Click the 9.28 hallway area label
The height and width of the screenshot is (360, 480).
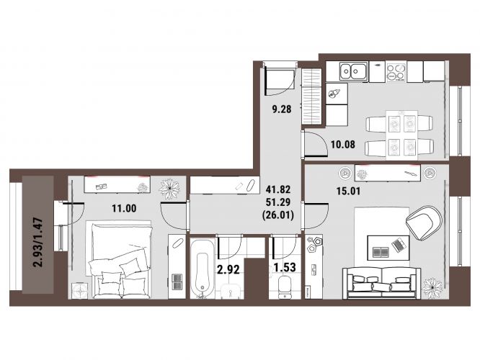pos(282,109)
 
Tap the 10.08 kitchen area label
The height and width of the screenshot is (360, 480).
pos(343,144)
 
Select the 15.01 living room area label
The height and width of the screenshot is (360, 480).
pos(348,192)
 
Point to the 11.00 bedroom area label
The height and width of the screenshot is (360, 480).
pos(124,209)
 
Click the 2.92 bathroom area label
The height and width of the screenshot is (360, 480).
pos(228,269)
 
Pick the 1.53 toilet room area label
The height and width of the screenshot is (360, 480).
pos(285,268)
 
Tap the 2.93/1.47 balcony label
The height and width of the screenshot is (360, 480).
pos(39,242)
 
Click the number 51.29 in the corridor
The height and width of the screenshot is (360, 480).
pos(278,202)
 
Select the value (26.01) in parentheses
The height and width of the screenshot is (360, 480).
pos(278,215)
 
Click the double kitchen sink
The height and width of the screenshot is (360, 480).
pos(353,71)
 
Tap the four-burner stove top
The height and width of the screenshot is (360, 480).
pos(396,72)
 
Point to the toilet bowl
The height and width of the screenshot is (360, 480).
pos(285,287)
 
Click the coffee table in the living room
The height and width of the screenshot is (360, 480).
pos(388,248)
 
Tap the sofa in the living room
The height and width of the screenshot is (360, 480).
pos(382,283)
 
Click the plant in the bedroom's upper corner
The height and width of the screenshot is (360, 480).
pos(169,188)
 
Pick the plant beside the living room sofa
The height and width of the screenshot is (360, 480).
pos(432,287)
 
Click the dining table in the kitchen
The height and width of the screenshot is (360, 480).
pos(401,135)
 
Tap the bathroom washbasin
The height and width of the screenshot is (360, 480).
pos(231,291)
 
